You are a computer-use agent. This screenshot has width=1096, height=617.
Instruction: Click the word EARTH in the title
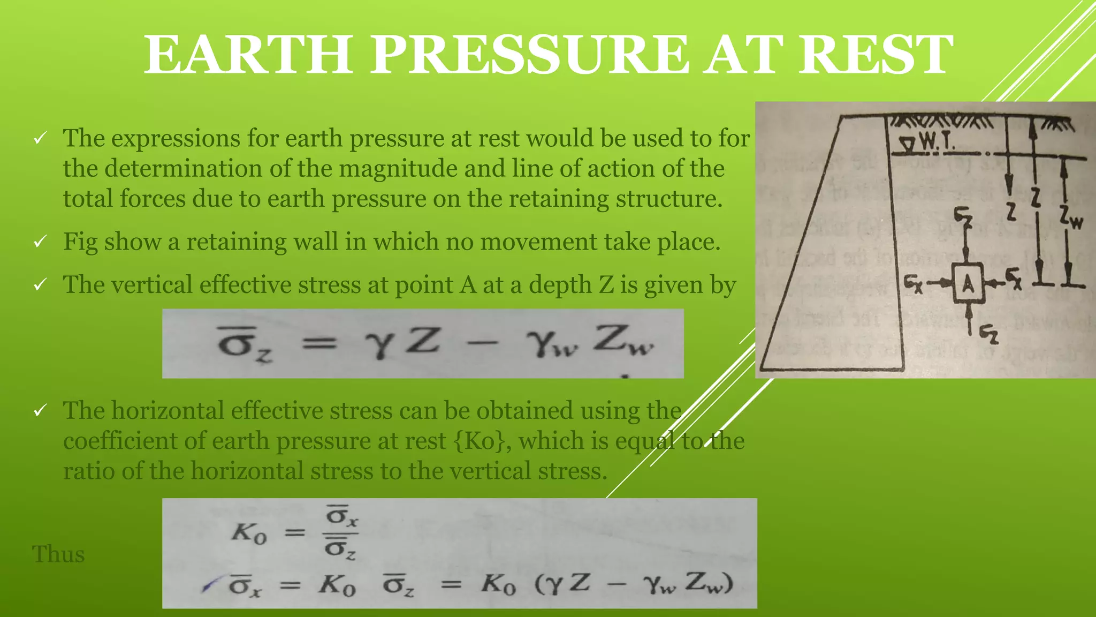(x=247, y=54)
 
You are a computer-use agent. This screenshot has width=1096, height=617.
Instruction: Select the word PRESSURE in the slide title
(x=529, y=54)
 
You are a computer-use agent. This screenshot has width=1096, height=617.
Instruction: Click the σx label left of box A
(x=913, y=283)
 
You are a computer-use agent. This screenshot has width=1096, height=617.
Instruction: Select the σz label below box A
(x=988, y=335)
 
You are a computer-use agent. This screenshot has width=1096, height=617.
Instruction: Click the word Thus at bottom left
(x=58, y=554)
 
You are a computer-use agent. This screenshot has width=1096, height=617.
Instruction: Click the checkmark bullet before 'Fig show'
(x=40, y=242)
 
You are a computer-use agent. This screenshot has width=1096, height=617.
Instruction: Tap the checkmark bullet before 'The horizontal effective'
(x=40, y=411)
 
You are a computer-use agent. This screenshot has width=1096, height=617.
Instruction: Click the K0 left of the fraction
(x=249, y=533)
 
